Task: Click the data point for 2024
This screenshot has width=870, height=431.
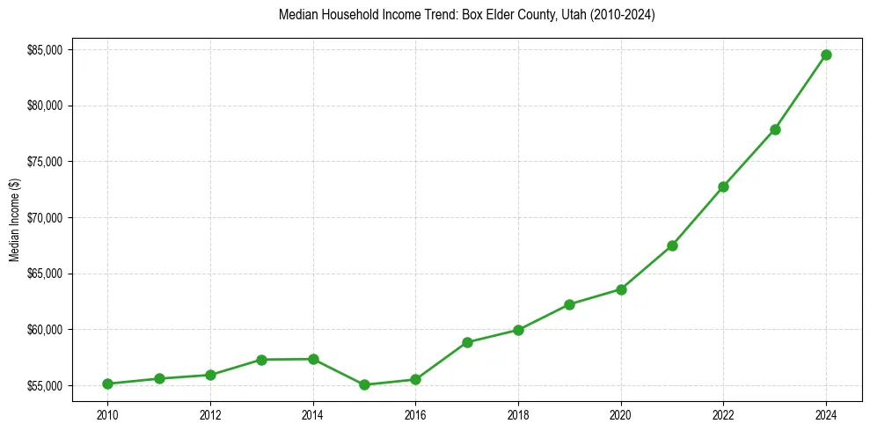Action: click(826, 55)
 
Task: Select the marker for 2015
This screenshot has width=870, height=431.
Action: click(364, 384)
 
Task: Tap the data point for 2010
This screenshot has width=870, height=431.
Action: click(107, 384)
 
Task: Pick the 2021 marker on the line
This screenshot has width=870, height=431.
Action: click(672, 245)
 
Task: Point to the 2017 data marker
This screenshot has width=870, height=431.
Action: click(467, 342)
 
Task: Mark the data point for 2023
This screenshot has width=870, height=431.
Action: click(775, 129)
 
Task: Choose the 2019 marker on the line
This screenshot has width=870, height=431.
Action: click(569, 304)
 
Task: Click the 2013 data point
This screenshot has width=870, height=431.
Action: click(261, 360)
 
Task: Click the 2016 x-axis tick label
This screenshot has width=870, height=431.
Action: click(415, 413)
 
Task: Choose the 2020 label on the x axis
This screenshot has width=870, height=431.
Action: click(621, 413)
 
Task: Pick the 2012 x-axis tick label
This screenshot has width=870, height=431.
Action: click(210, 413)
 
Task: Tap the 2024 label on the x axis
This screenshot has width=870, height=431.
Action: click(826, 413)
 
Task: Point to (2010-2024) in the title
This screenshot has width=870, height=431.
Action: click(622, 16)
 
